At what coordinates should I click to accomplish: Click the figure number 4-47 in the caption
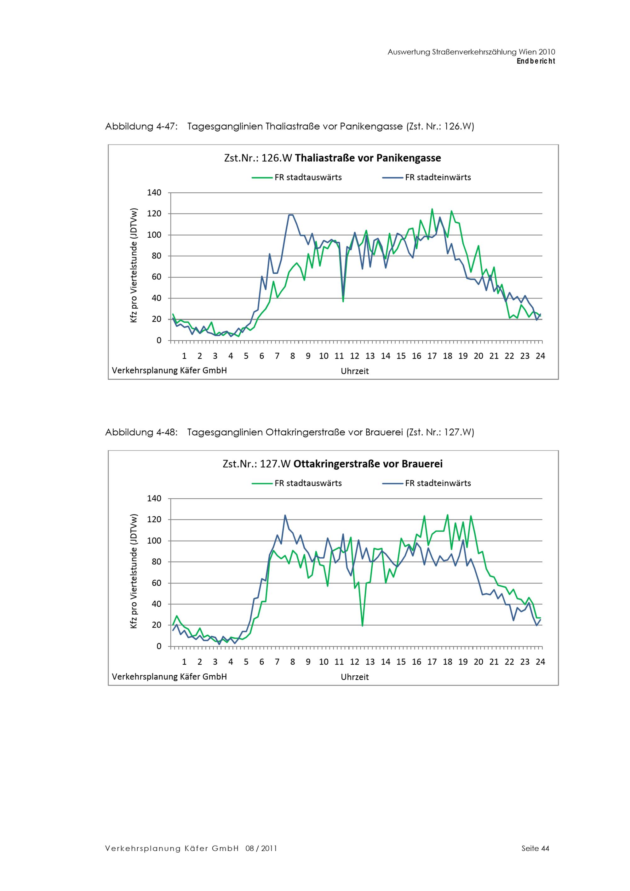click(x=167, y=127)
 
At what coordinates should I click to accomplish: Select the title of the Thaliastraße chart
click(x=332, y=158)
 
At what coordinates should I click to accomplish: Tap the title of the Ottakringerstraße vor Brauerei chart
click(x=332, y=464)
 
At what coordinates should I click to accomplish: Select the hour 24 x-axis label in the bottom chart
click(x=540, y=662)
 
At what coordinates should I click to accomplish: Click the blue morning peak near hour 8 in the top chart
click(x=291, y=215)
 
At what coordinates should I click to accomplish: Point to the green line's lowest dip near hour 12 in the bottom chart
click(x=362, y=626)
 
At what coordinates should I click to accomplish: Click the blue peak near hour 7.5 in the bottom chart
click(x=285, y=515)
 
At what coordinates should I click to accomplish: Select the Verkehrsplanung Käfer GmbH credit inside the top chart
click(x=169, y=371)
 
